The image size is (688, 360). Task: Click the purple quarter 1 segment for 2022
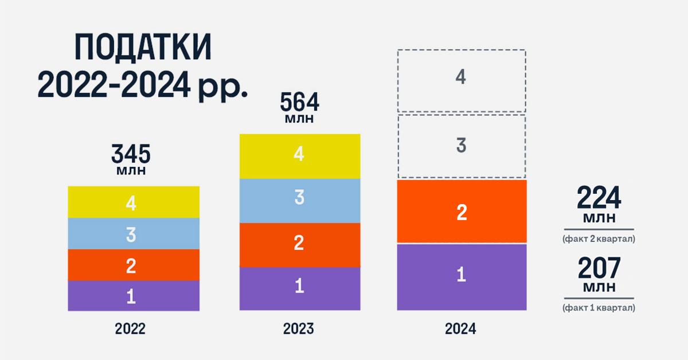point(133,296)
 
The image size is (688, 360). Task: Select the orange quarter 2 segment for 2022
point(133,265)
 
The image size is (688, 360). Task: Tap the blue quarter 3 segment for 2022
point(133,233)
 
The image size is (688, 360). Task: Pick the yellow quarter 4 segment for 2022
point(133,202)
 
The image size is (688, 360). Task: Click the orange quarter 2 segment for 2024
point(462,212)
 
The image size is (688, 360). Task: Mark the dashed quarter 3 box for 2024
point(462,146)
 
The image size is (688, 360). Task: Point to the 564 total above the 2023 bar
point(299,103)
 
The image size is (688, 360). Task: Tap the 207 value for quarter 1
point(599,268)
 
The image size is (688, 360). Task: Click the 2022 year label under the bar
point(130,330)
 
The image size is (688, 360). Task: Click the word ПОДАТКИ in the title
point(143,49)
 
